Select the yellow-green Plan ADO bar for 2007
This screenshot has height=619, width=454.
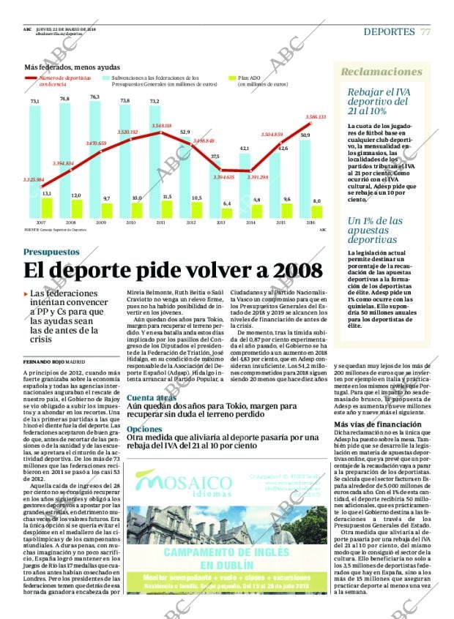(47, 208)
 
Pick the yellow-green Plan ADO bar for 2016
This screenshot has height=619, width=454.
(316, 211)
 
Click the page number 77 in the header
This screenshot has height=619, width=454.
(425, 31)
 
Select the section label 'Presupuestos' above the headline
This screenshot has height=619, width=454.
(53, 252)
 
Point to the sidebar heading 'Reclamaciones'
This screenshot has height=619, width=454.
(382, 72)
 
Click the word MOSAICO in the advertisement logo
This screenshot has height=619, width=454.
(185, 484)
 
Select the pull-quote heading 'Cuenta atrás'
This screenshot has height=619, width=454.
(151, 397)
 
